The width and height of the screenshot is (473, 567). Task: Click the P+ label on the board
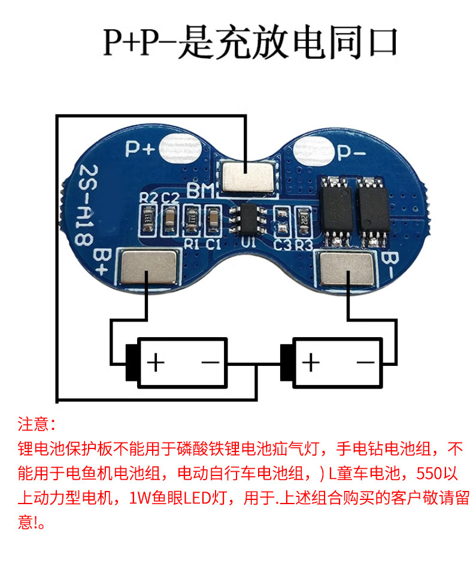140,148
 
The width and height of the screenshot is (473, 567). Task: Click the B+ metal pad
150,268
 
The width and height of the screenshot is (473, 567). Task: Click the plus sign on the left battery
155,362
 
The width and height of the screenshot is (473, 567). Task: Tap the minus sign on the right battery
366,362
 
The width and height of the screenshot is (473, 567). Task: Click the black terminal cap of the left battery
131,362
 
